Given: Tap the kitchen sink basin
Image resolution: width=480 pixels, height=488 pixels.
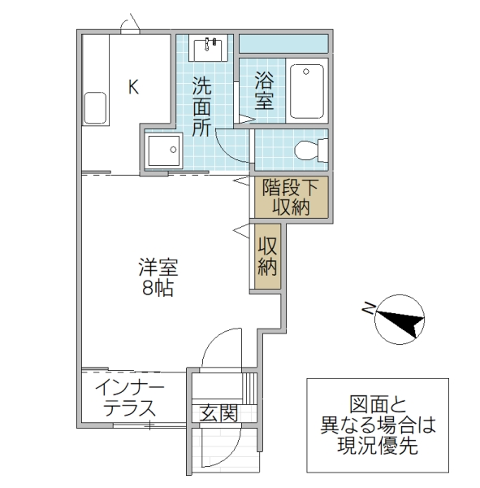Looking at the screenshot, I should pos(95,107).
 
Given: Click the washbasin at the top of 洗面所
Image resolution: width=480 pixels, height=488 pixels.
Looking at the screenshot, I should pos(209,47).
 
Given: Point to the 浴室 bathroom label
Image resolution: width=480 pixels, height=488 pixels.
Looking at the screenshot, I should pos(263,90).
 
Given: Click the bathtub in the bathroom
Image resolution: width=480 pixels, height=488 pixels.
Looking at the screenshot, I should pos(307,90).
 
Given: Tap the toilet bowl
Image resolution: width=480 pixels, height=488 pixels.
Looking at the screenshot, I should pos(309,150).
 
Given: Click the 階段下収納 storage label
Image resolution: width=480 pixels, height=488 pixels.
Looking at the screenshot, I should pos(291,196).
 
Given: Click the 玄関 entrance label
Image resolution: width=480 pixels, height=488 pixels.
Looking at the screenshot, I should pos(219,414).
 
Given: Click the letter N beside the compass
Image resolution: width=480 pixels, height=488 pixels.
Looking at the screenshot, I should pos(368,307).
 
